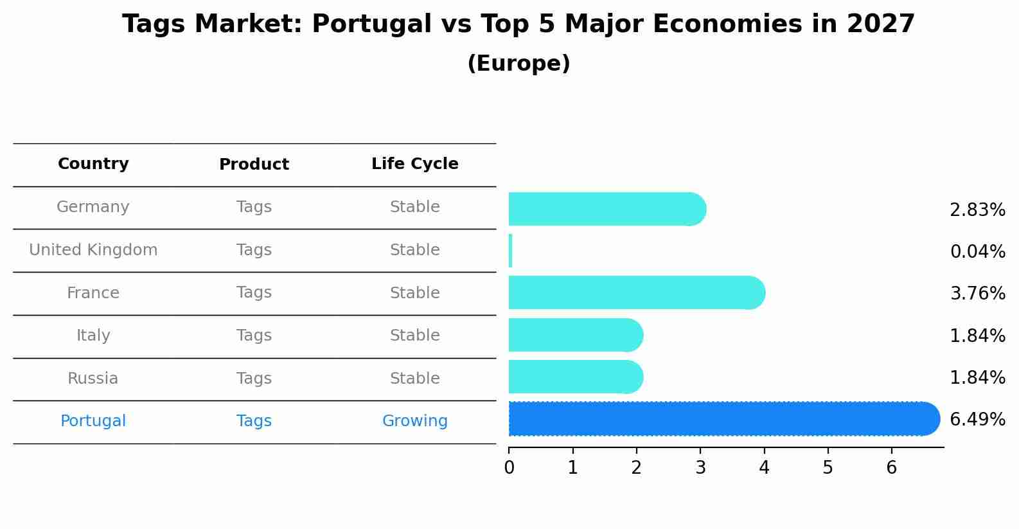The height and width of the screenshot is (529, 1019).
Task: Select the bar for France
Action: (636, 293)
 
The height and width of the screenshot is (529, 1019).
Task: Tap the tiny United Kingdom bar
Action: (511, 251)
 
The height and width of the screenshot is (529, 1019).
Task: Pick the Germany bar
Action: (607, 209)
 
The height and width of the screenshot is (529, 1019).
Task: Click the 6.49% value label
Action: (977, 420)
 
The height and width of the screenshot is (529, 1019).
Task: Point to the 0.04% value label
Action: (977, 251)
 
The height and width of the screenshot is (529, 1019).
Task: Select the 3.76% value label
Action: (977, 294)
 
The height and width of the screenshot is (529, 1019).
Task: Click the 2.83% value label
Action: (977, 210)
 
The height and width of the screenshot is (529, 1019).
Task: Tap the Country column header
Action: (93, 164)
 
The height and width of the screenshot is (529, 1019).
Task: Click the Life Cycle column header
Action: (414, 164)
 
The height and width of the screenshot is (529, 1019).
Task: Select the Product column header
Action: (254, 165)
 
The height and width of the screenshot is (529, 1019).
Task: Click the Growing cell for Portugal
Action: (414, 421)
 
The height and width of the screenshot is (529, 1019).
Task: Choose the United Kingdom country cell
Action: (93, 250)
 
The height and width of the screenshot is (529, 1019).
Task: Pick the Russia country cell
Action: (93, 379)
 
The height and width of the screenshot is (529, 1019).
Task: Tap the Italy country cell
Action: (93, 336)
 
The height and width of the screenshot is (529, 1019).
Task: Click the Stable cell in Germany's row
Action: (414, 207)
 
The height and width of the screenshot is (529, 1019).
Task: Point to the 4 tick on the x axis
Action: (764, 467)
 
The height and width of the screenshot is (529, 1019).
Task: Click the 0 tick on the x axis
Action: (509, 467)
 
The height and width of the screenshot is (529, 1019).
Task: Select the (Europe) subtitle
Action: (518, 64)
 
